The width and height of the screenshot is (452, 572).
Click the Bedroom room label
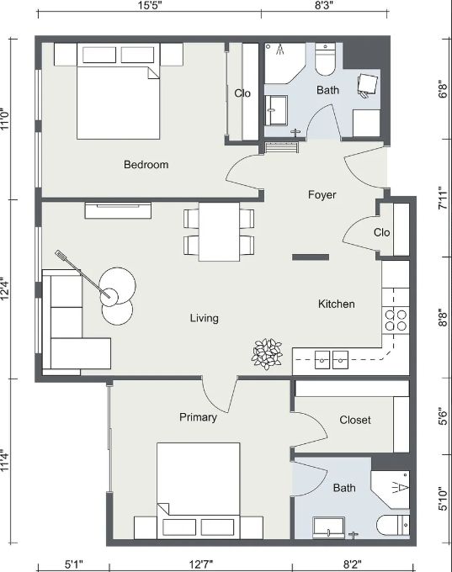[146, 165]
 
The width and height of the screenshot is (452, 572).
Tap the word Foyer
[322, 195]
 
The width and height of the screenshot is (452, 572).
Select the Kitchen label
[336, 304]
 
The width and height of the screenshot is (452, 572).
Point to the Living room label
[204, 318]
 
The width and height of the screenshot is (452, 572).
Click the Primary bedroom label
[199, 417]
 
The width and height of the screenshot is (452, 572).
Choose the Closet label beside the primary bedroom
[355, 420]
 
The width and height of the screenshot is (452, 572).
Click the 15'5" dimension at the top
[150, 6]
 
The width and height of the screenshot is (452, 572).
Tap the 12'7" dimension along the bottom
[201, 564]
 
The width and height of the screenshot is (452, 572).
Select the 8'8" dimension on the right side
[443, 318]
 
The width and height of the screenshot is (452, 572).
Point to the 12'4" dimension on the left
[5, 289]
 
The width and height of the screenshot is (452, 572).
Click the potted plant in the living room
[267, 354]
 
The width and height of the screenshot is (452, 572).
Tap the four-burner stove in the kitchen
[396, 320]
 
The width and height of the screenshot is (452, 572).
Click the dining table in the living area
[219, 231]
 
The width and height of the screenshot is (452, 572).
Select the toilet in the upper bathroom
[325, 60]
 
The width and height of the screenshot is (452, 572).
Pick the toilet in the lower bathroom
[393, 526]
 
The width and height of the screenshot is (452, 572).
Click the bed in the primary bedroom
[199, 490]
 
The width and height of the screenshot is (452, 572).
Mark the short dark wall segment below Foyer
[311, 257]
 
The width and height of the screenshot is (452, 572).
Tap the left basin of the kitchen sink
[322, 360]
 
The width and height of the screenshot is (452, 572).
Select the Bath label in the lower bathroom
[344, 488]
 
